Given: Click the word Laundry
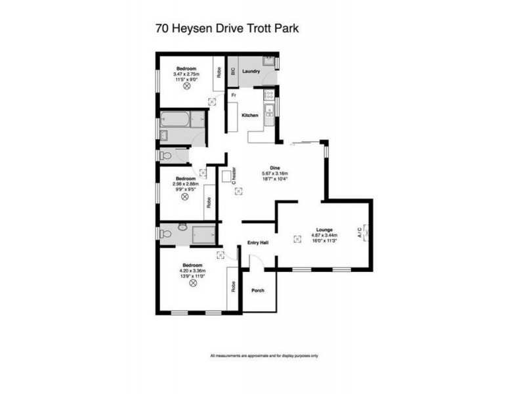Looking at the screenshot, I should pos(251,71).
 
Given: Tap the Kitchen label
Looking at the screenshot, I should pos(250,116).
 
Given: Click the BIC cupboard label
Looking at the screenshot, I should pos(233,72).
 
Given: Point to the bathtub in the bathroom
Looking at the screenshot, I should pos(177,120).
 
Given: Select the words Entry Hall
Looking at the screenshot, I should pos(257,242).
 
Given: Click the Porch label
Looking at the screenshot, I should pos(258,290).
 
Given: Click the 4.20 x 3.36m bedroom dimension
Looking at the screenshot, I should pos(192,271).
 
